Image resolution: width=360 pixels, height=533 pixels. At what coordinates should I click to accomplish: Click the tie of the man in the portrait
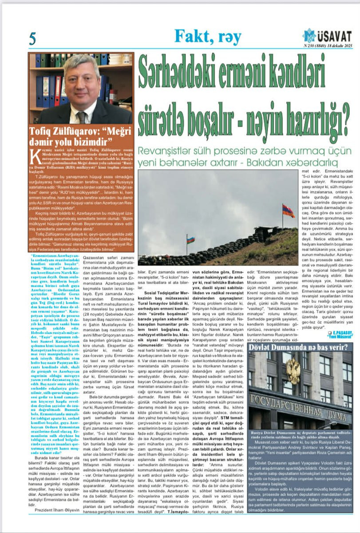tap(81, 116)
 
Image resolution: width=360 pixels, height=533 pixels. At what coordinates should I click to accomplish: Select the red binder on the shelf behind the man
tap(58, 91)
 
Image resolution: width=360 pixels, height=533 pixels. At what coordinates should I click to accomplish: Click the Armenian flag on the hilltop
tap(288, 211)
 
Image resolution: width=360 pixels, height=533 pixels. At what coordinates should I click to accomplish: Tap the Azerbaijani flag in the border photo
tap(190, 240)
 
